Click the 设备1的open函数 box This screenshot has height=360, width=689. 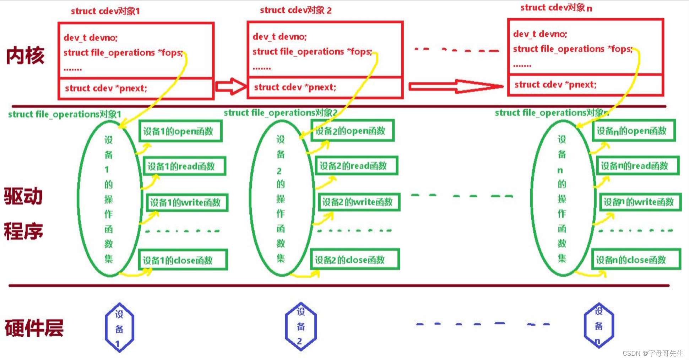click(x=180, y=131)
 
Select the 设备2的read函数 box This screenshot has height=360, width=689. click(x=356, y=166)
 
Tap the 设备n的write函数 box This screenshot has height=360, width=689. click(x=640, y=202)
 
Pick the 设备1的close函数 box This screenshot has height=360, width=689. click(x=183, y=260)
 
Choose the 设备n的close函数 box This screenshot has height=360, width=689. click(x=636, y=260)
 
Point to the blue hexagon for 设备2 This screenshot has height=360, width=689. click(x=301, y=327)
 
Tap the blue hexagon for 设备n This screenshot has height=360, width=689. click(x=599, y=326)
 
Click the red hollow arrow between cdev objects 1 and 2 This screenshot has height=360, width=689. click(x=231, y=87)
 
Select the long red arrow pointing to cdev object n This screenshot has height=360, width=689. click(x=456, y=86)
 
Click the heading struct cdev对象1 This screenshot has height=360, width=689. click(x=105, y=11)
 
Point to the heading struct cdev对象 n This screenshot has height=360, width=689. click(x=556, y=8)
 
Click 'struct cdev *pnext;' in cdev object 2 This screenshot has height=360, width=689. click(x=295, y=87)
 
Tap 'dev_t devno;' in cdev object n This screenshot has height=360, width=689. click(x=540, y=34)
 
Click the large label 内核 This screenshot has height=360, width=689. click(x=25, y=56)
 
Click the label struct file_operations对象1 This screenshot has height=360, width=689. click(x=65, y=114)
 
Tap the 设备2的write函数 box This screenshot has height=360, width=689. click(x=359, y=202)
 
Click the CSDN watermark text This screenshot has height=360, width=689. click(x=653, y=353)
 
